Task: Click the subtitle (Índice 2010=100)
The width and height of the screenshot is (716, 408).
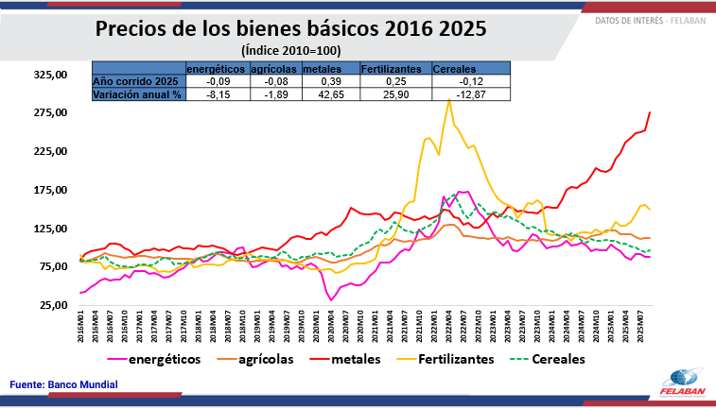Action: (290, 50)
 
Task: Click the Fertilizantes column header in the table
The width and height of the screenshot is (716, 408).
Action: (391, 69)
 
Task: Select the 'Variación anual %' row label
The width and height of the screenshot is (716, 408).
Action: (137, 94)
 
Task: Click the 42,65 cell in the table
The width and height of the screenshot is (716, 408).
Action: (331, 94)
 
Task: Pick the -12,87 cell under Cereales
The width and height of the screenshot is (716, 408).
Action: (471, 94)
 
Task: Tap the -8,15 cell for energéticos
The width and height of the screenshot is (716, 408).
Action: (217, 94)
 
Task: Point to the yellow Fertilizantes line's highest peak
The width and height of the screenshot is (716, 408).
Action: (447, 99)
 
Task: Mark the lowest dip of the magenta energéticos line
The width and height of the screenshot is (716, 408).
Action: (332, 300)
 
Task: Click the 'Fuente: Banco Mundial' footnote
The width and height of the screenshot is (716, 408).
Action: (64, 384)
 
